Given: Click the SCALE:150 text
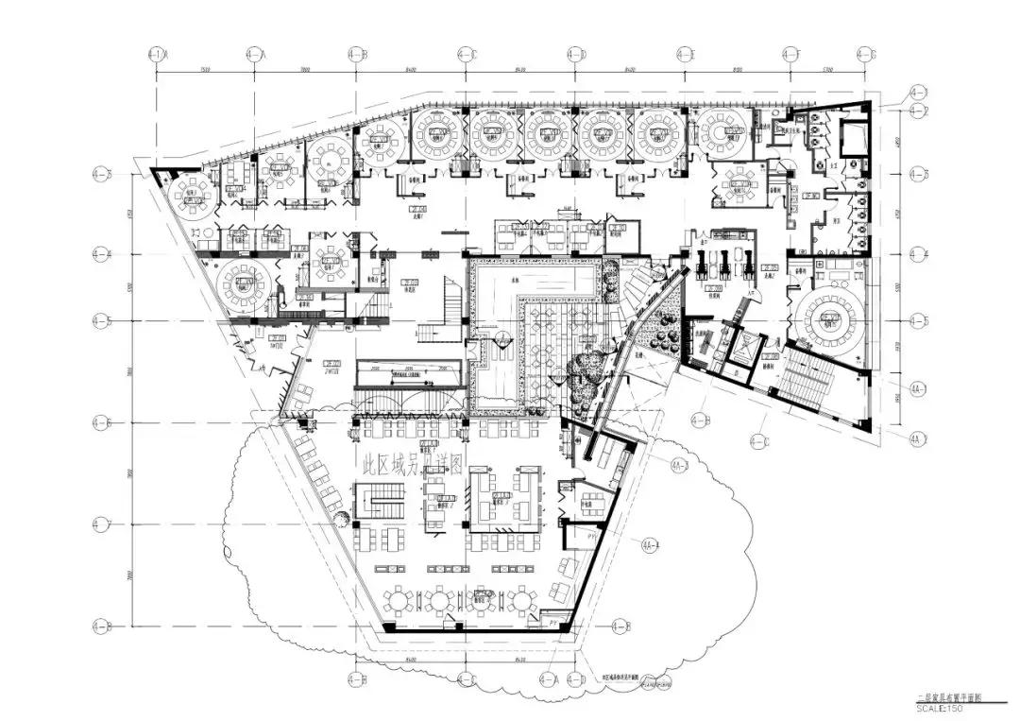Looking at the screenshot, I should click(x=938, y=707).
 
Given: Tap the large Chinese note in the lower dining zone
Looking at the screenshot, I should click(x=411, y=467).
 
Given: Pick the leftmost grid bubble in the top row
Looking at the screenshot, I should click(x=156, y=54).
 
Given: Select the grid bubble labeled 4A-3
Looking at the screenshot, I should click(x=678, y=466).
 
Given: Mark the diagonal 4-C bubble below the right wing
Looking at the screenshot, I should click(x=758, y=439).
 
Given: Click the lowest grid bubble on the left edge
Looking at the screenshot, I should click(x=100, y=626).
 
